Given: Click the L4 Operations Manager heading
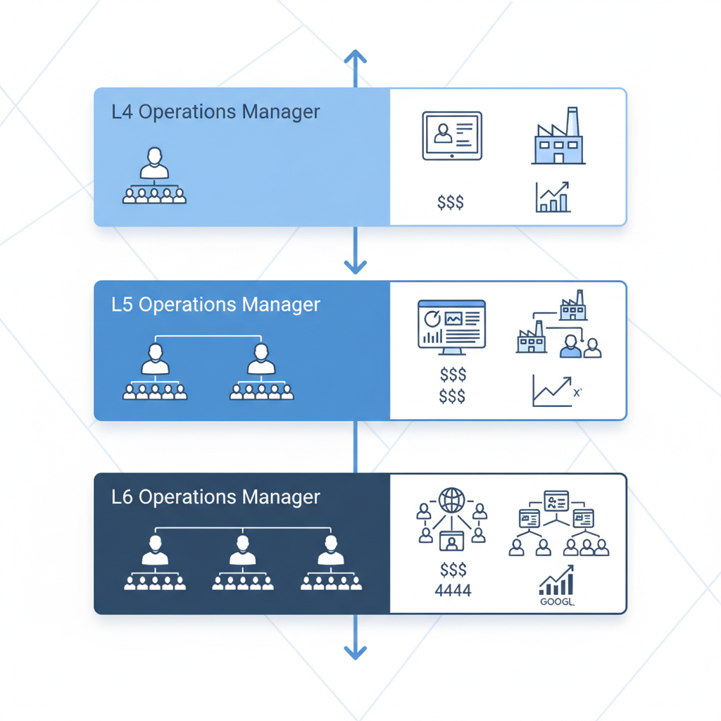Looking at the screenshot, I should pyautogui.click(x=215, y=112).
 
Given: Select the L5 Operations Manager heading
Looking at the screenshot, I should pyautogui.click(x=215, y=305).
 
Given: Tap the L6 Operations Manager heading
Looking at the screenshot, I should pyautogui.click(x=215, y=497).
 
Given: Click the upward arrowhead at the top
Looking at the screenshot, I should pyautogui.click(x=355, y=56).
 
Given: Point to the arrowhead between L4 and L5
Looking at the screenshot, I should pyautogui.click(x=355, y=266).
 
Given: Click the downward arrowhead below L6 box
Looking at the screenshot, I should pyautogui.click(x=355, y=652).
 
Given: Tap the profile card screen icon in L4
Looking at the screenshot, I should pyautogui.click(x=451, y=135).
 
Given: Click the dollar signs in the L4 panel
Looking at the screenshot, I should pyautogui.click(x=451, y=203).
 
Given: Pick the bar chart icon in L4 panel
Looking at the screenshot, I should pyautogui.click(x=553, y=197).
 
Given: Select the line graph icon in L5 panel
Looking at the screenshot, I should pyautogui.click(x=553, y=391).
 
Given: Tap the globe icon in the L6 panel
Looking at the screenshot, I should pyautogui.click(x=451, y=501).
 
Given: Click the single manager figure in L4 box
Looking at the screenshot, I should pyautogui.click(x=154, y=163).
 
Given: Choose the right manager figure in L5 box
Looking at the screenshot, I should pyautogui.click(x=261, y=359).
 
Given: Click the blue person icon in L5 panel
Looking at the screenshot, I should pyautogui.click(x=570, y=346).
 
